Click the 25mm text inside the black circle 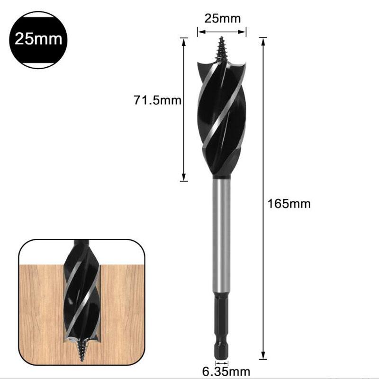point(38,39)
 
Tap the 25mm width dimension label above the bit point(222,19)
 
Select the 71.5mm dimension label point(157,100)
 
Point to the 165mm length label point(289,204)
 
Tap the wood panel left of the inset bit point(40,308)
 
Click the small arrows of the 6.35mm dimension point(221,364)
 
